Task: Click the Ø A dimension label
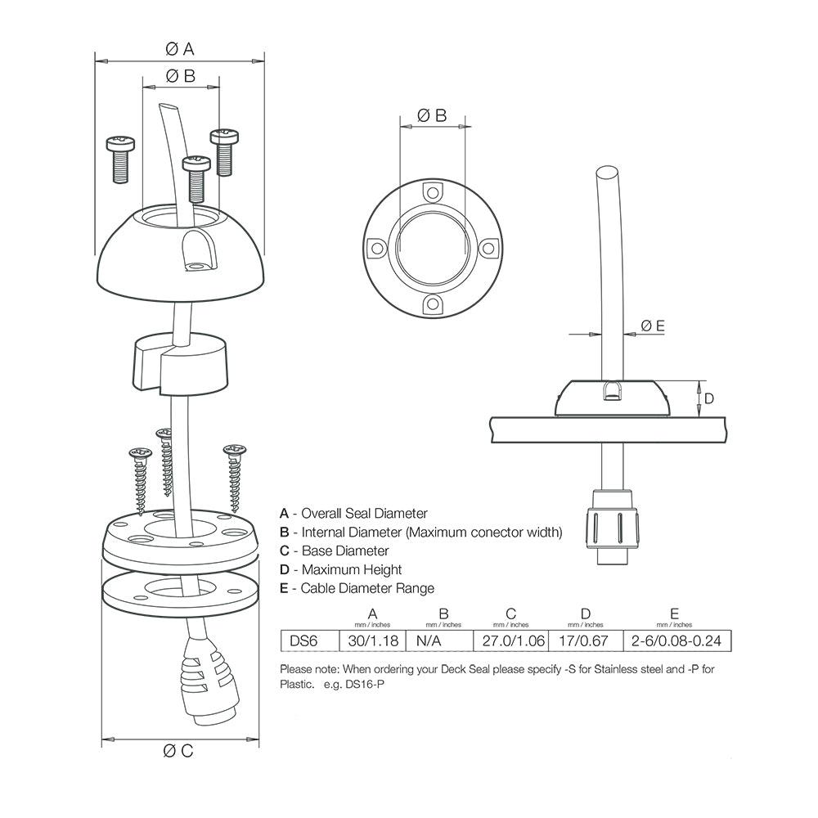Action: (x=179, y=49)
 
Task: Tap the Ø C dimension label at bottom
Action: (x=178, y=751)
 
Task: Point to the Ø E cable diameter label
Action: (x=652, y=326)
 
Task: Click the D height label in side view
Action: (x=709, y=398)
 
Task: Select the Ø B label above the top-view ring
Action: (x=432, y=115)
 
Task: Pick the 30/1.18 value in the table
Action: (x=373, y=640)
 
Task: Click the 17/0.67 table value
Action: (x=585, y=640)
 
